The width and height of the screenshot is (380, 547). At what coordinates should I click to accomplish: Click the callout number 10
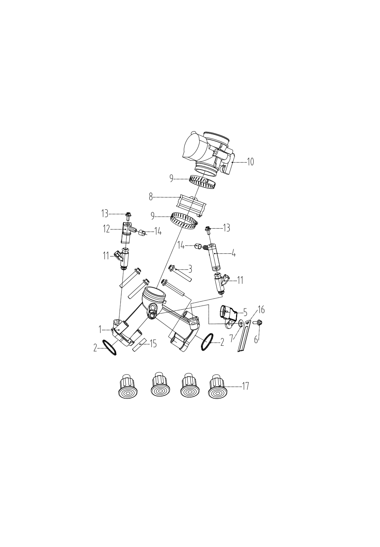[x=250, y=162]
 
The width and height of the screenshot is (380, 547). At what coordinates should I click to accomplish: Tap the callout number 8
[x=150, y=197]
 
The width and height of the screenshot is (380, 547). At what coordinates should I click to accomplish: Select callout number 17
[x=246, y=386]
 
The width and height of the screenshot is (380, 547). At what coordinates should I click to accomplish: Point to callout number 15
[x=153, y=344]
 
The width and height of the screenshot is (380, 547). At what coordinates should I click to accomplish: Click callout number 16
[x=261, y=310]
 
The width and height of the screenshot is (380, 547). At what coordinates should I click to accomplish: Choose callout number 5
[x=245, y=313]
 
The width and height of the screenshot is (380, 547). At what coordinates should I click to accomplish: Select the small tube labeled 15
[x=138, y=345]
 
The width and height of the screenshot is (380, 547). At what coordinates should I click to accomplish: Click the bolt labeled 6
[x=258, y=322]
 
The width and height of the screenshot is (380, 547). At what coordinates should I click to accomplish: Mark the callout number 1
[x=100, y=329]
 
